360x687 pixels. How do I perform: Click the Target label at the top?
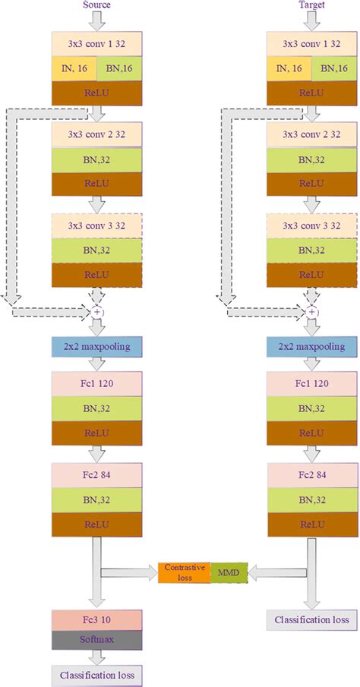coord(311,5)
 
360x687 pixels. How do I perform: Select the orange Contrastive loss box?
coord(184,572)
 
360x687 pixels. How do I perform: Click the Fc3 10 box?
coord(96,619)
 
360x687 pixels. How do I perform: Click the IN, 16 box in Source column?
coord(74,68)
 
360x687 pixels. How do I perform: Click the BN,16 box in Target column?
coord(334,68)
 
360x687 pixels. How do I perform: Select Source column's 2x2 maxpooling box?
coord(96,347)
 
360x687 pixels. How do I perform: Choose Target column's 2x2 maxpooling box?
coord(312,347)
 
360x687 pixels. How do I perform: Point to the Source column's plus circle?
coord(96,312)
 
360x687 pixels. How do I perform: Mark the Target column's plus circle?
coord(312,312)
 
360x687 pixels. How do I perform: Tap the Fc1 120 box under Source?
coord(96,383)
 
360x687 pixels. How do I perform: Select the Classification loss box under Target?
coord(312,620)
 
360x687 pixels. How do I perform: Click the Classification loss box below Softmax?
coord(96,673)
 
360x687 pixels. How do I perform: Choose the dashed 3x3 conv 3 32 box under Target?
coord(312,226)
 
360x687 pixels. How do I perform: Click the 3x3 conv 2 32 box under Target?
coord(312,135)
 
